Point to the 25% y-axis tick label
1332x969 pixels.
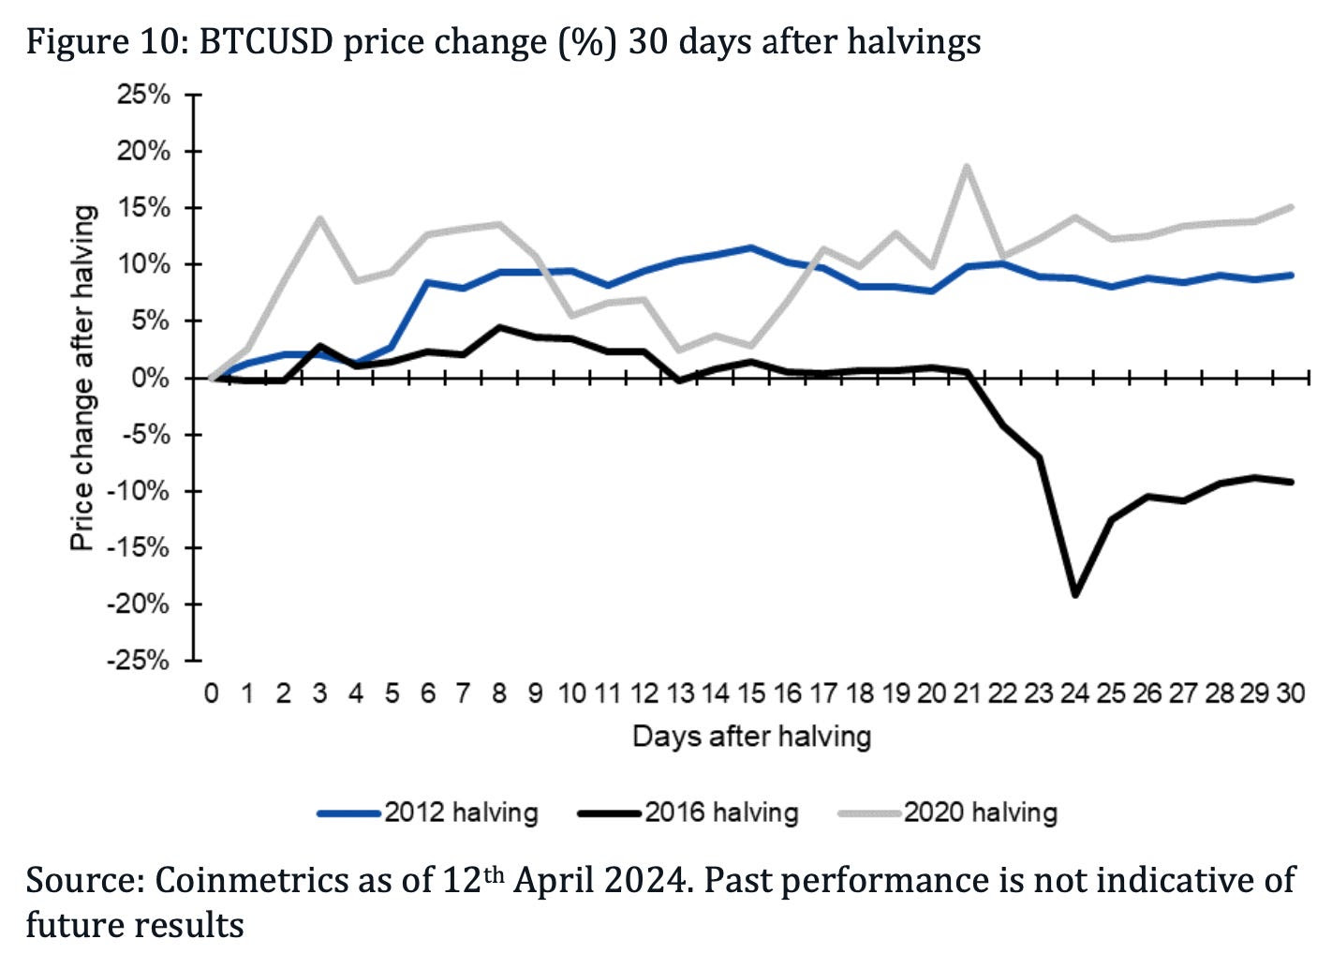pyautogui.click(x=143, y=95)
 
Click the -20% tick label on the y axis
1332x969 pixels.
pyautogui.click(x=139, y=604)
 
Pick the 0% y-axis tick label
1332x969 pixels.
pyautogui.click(x=150, y=379)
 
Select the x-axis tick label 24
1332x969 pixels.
pyautogui.click(x=1075, y=693)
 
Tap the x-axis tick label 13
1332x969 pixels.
pyautogui.click(x=679, y=693)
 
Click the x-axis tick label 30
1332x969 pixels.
pyautogui.click(x=1291, y=693)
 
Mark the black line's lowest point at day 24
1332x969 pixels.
pyautogui.click(x=1075, y=595)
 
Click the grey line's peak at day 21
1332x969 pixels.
pyautogui.click(x=967, y=167)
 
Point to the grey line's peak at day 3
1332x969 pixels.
pyautogui.click(x=319, y=218)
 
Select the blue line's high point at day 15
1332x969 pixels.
pyautogui.click(x=751, y=247)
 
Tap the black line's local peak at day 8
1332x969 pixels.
pyautogui.click(x=499, y=327)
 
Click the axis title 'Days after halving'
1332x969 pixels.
pyautogui.click(x=751, y=737)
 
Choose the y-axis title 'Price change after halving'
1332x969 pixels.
pyautogui.click(x=83, y=378)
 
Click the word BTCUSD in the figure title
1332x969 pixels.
pyautogui.click(x=266, y=41)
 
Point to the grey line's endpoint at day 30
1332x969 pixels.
pyautogui.click(x=1292, y=207)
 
